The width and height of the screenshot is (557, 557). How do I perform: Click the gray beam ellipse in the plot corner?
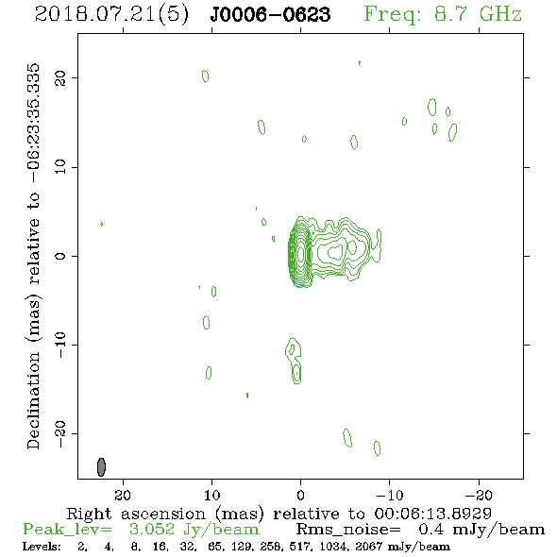coord(101,467)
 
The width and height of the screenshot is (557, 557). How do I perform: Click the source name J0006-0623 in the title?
coord(270,14)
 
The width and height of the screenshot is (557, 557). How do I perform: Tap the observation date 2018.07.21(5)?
coord(111,15)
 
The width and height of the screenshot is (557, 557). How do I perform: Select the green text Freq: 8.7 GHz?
coord(443,14)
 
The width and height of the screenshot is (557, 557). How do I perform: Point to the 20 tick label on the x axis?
coord(123,495)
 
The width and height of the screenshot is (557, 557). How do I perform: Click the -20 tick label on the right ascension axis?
coord(479,495)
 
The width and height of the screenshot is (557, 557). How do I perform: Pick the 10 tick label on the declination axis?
coord(60,167)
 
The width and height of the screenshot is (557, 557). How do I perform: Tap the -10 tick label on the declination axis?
coord(60,345)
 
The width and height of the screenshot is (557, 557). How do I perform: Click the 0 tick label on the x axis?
coord(300,495)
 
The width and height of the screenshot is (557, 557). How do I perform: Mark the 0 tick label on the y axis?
coord(60,256)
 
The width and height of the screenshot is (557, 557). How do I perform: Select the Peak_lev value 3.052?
coord(152,530)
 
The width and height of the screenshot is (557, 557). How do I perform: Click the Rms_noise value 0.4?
coord(430,530)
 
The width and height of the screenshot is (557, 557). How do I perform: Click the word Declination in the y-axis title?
coord(33,400)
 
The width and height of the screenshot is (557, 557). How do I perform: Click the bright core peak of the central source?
coord(301,254)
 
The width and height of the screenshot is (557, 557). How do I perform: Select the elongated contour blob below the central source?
coord(295,361)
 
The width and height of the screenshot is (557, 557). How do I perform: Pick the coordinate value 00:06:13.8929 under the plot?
coord(432,514)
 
